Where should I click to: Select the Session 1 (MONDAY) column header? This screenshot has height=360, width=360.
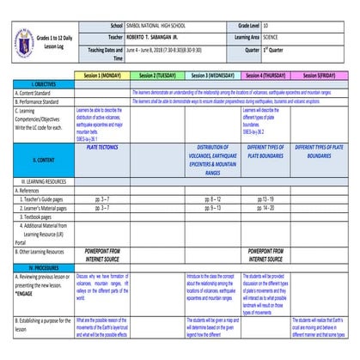point(102,76)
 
